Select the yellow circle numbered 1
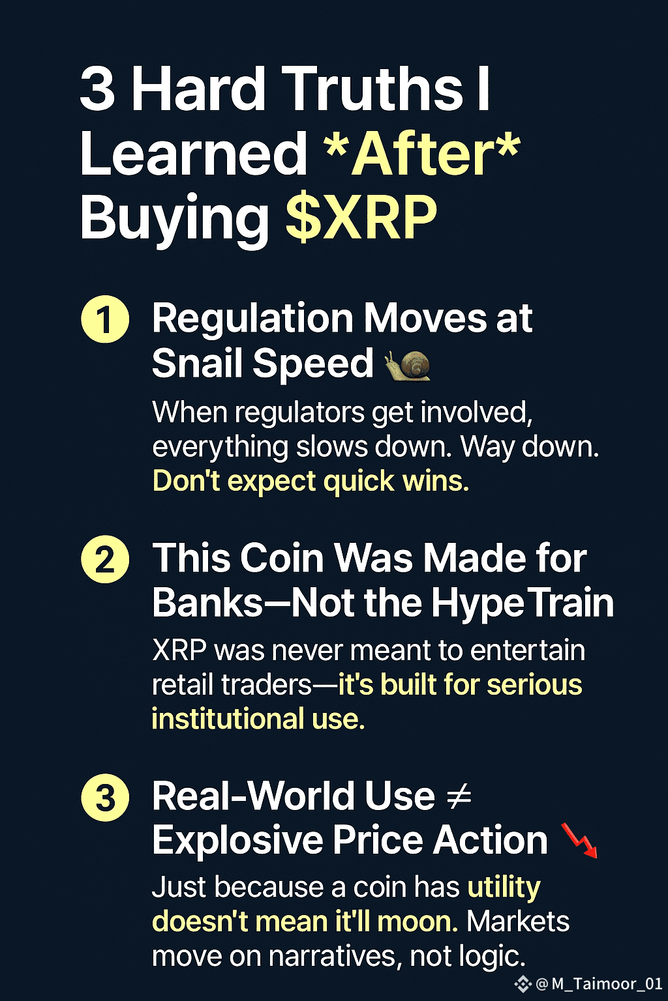click(105, 319)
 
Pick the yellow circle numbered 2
click(105, 559)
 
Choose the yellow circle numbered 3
click(105, 797)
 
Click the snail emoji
click(408, 365)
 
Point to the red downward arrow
click(579, 840)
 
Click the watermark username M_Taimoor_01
click(607, 983)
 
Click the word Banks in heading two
click(207, 603)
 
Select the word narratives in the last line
click(333, 957)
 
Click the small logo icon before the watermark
click(523, 983)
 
